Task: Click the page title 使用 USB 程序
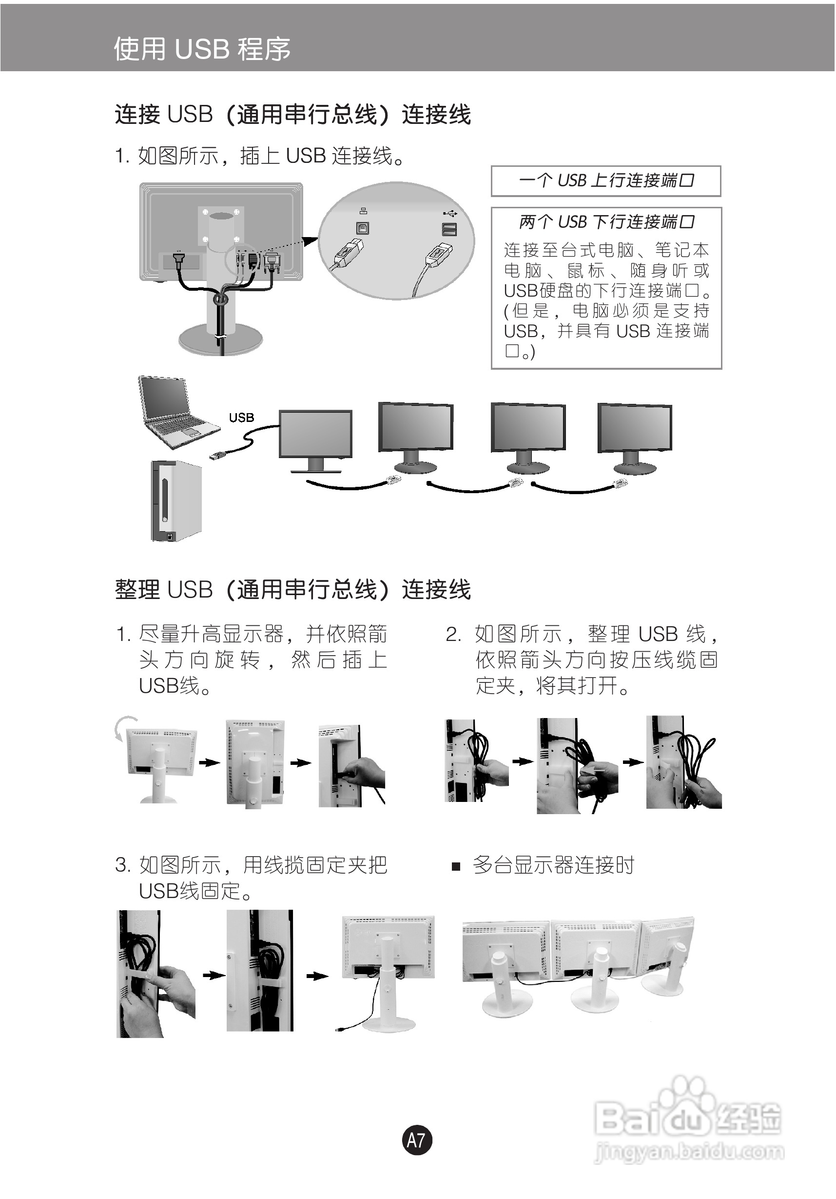(202, 49)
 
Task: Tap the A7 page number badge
(417, 1139)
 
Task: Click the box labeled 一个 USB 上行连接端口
(606, 180)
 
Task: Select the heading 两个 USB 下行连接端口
(606, 222)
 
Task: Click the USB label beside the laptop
(241, 418)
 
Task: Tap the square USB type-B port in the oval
(362, 228)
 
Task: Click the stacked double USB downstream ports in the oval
(449, 229)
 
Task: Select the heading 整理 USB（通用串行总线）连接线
(292, 590)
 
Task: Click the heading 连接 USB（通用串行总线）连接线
(292, 114)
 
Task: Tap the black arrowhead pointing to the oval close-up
(311, 241)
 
